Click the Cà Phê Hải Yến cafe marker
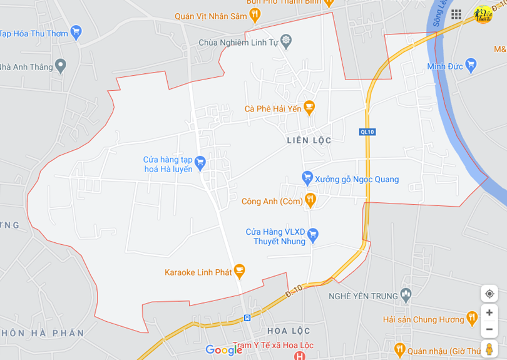click(309, 108)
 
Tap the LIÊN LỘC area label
click(309, 140)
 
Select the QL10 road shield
click(367, 131)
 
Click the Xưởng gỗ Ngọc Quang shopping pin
click(307, 178)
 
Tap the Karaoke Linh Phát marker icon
click(238, 271)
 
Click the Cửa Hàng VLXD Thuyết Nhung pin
click(313, 235)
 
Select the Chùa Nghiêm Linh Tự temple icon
click(286, 42)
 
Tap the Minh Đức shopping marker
click(471, 65)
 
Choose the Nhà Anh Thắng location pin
click(60, 66)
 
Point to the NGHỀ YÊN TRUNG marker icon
click(406, 294)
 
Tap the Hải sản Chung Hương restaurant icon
click(472, 318)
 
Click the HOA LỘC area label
click(289, 331)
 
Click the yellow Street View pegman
click(489, 349)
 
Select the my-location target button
click(489, 293)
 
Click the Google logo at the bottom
click(223, 350)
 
